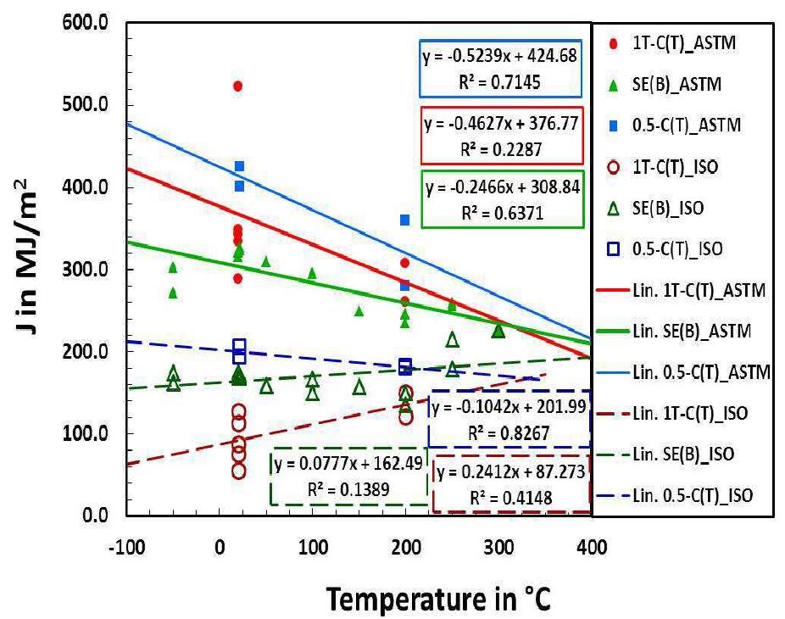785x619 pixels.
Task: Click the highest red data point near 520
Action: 237,86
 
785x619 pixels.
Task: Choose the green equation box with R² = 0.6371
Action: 502,199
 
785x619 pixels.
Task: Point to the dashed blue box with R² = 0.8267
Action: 509,419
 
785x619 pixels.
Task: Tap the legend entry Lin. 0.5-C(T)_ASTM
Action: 676,371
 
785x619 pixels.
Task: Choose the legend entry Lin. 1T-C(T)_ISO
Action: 676,413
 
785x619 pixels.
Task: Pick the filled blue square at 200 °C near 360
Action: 405,220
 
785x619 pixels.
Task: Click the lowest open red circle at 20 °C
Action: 238,471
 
